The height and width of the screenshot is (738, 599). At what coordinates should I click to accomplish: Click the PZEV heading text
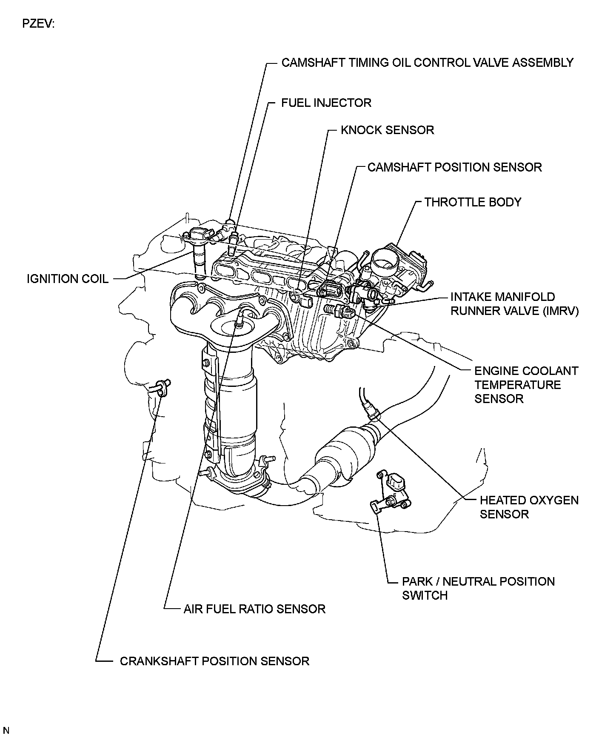[38, 25]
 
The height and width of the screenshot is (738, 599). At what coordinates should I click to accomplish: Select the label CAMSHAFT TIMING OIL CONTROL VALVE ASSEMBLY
[427, 63]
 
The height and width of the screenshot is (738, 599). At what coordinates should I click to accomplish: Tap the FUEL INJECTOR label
[326, 103]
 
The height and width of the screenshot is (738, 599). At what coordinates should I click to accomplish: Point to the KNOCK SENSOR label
[387, 130]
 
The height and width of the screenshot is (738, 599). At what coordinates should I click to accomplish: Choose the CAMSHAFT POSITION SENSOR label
[454, 167]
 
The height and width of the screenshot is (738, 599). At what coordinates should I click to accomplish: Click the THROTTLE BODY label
[473, 202]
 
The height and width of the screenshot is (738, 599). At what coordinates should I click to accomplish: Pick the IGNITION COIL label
[68, 279]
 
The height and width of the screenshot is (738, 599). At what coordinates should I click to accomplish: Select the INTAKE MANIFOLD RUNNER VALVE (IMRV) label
[514, 304]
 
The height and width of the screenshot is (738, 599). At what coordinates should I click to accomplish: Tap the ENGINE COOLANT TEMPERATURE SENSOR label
[526, 385]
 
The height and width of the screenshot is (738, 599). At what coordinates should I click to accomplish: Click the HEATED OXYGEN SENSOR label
[529, 507]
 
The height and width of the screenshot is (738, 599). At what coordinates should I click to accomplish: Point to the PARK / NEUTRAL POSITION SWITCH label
[478, 588]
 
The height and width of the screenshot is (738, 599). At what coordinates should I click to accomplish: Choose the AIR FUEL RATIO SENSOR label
[254, 609]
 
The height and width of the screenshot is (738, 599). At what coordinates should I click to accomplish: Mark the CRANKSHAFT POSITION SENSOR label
[214, 661]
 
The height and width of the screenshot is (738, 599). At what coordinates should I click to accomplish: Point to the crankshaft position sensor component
[163, 386]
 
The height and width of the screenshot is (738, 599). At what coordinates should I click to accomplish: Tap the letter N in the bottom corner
[6, 731]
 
